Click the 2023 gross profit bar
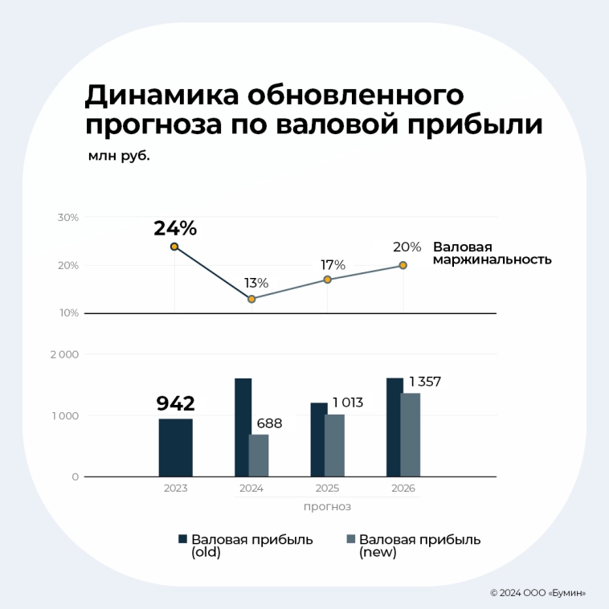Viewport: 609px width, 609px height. click(x=175, y=448)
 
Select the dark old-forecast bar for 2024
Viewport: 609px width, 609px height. click(x=243, y=427)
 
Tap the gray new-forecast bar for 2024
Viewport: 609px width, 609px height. click(x=259, y=456)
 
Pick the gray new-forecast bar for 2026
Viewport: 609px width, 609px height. click(x=411, y=435)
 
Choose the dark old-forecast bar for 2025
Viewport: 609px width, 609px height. click(x=318, y=439)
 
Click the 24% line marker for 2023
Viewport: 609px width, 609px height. click(x=174, y=247)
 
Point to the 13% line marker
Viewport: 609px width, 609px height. click(x=251, y=299)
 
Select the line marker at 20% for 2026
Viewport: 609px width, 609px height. click(x=403, y=265)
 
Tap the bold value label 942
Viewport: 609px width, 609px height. click(x=175, y=403)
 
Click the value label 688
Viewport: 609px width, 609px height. click(x=269, y=423)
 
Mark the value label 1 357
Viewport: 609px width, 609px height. click(x=425, y=382)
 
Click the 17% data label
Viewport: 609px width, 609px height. click(x=333, y=264)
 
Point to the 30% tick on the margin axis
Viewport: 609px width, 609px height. click(x=68, y=218)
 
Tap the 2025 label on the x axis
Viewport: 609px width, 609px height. click(x=327, y=488)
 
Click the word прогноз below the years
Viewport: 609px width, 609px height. click(x=327, y=507)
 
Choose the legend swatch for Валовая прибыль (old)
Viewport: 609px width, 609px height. click(x=182, y=540)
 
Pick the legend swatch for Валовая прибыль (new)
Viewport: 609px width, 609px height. click(x=350, y=540)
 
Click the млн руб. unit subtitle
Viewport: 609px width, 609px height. click(x=119, y=156)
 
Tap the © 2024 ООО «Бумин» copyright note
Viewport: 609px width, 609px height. click(x=537, y=593)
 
